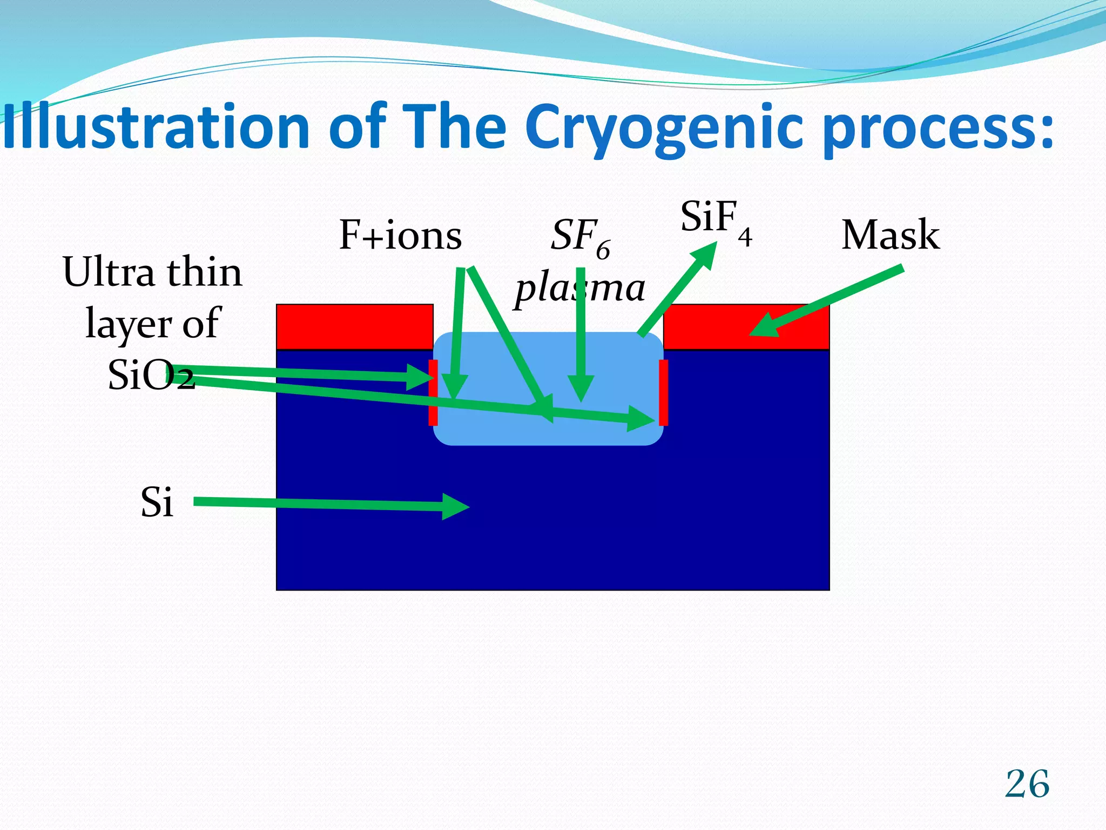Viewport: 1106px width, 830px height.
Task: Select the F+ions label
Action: (400, 236)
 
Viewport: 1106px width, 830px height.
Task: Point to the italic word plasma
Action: (579, 288)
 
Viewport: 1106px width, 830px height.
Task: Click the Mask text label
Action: (890, 236)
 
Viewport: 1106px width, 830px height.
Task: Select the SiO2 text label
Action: (151, 375)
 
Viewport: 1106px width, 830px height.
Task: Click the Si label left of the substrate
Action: (157, 502)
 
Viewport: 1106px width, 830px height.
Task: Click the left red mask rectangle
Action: (354, 326)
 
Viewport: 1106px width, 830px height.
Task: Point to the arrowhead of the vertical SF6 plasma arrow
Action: (581, 389)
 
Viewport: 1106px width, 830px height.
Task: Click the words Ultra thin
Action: (152, 272)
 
